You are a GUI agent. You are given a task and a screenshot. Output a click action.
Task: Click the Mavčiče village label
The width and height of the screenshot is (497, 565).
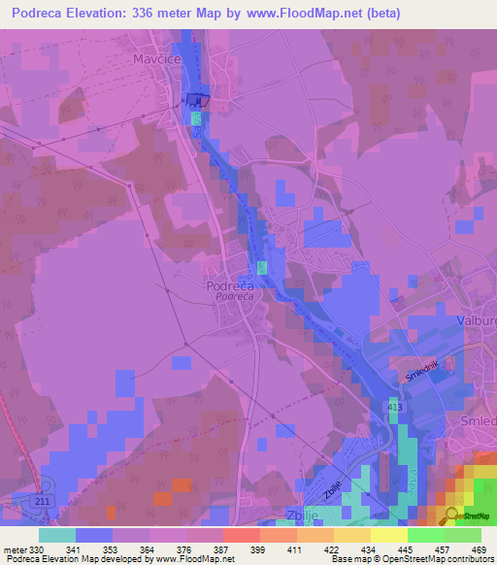[155, 58]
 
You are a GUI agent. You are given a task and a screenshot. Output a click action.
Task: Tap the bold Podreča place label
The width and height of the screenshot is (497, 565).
[230, 286]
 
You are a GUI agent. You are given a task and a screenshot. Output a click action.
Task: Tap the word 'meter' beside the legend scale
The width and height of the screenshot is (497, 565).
[16, 548]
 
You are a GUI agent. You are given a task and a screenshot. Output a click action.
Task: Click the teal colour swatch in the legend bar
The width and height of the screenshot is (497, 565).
[57, 534]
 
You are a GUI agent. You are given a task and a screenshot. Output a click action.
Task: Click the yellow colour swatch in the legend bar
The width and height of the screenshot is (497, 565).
[388, 534]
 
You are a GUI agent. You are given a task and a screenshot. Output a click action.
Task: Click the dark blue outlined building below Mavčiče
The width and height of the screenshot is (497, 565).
[199, 97]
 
